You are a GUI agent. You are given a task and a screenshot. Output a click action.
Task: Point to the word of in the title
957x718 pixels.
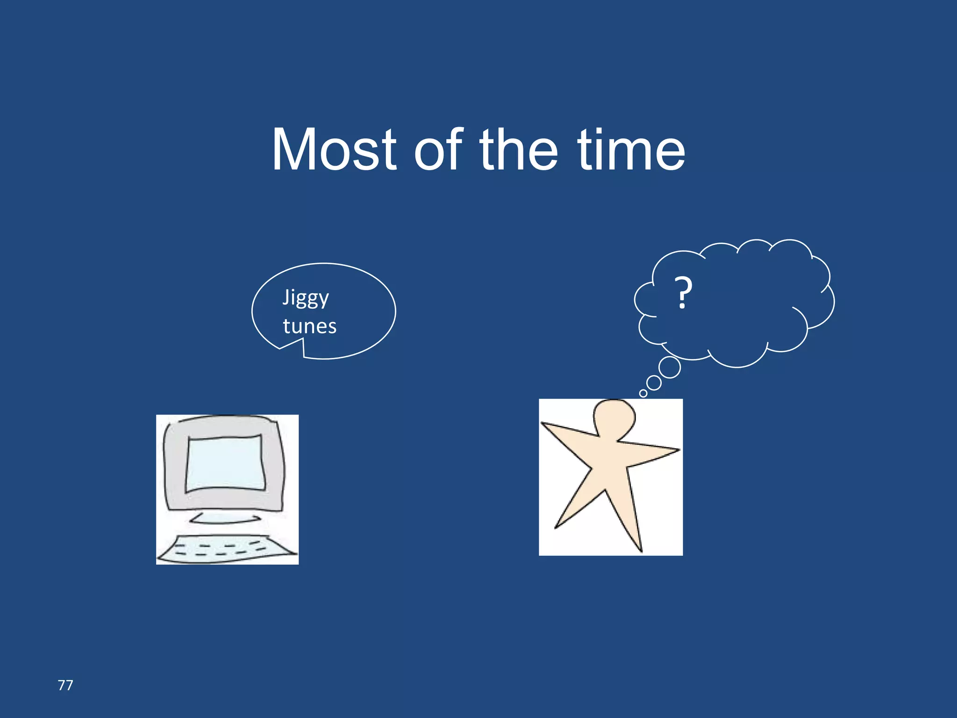click(438, 151)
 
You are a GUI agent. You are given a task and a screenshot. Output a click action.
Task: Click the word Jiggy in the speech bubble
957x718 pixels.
click(306, 298)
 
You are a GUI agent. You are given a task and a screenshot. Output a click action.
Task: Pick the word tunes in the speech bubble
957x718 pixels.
click(309, 326)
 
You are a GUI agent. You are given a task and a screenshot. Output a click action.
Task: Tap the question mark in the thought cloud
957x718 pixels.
click(683, 293)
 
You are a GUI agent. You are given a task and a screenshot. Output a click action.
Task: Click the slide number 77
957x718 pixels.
click(65, 685)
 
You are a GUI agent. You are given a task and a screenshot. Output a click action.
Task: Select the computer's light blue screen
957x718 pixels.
click(226, 463)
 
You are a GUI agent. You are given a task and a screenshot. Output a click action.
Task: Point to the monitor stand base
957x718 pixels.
click(225, 518)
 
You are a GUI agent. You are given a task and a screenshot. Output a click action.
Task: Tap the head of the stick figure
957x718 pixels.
click(614, 417)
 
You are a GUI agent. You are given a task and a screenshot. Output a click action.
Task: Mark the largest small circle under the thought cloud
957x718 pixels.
click(670, 367)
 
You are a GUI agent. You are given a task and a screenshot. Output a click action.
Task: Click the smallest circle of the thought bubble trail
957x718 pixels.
click(643, 393)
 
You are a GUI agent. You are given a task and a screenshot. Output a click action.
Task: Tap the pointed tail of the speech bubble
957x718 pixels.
click(281, 348)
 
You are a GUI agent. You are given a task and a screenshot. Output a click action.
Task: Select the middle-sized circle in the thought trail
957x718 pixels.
click(654, 383)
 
